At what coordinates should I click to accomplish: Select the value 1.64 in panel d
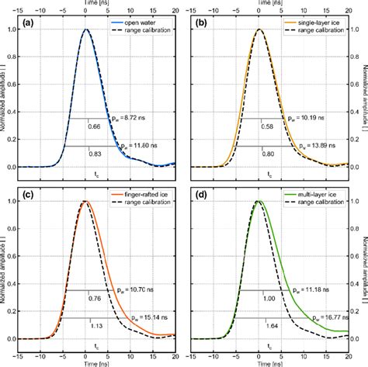[x=270, y=326]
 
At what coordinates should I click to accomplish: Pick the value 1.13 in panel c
[x=96, y=326]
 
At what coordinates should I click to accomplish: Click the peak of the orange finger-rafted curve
[x=87, y=202]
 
